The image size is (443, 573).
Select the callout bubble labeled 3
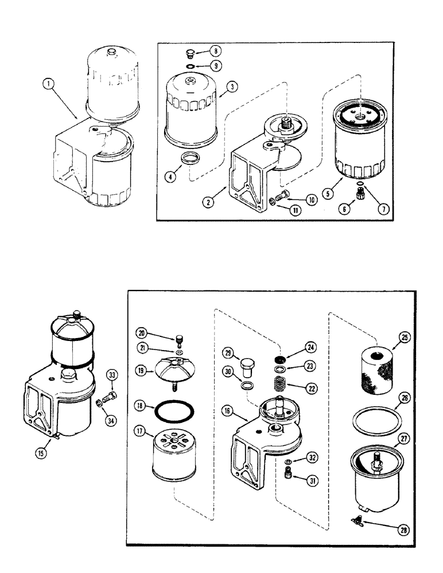click(x=231, y=87)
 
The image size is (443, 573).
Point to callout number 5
click(x=328, y=193)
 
